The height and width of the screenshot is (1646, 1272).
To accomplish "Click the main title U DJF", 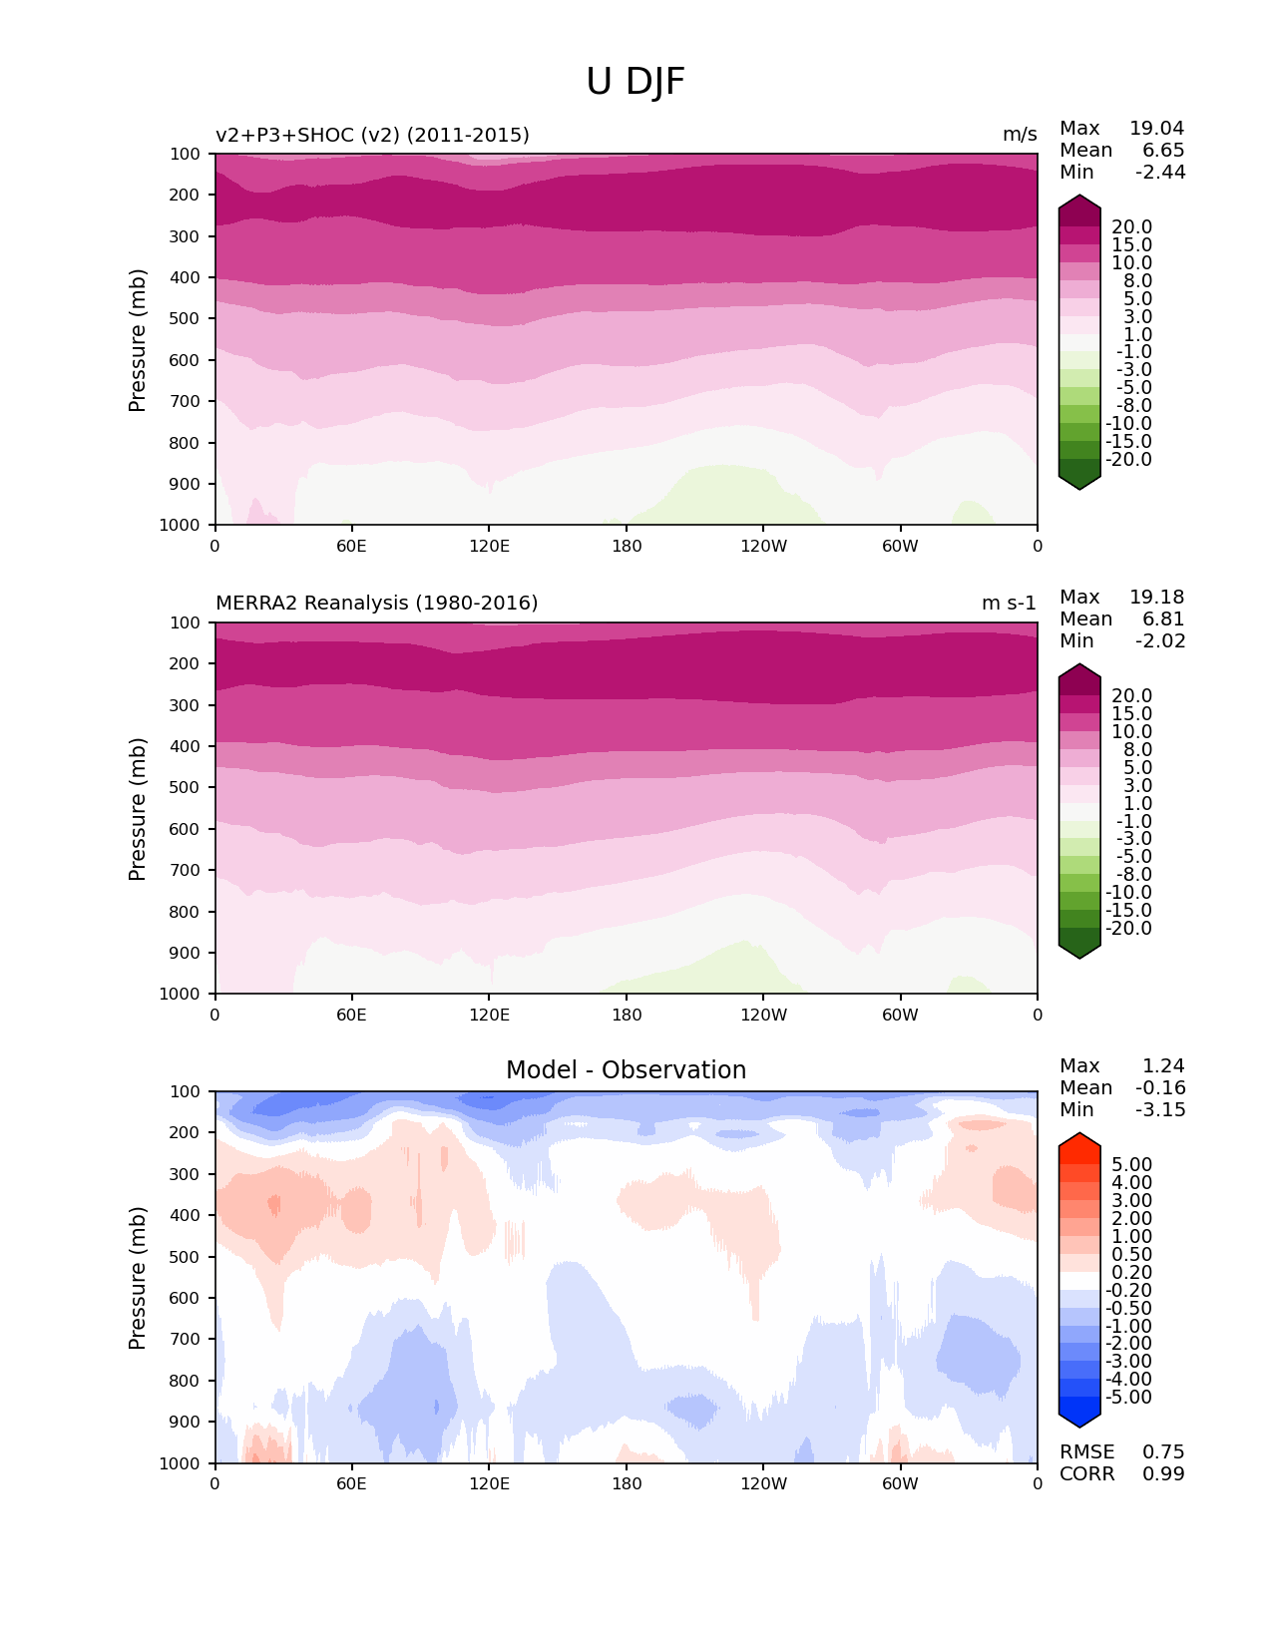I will pyautogui.click(x=636, y=82).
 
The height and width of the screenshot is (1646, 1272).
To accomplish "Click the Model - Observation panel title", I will pyautogui.click(x=626, y=1070).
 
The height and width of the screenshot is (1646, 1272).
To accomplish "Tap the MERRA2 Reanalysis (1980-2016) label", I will pyautogui.click(x=376, y=604).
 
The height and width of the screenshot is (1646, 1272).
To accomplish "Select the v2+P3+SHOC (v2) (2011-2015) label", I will pyautogui.click(x=372, y=136).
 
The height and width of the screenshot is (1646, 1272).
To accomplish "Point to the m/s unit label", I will pyautogui.click(x=1020, y=136).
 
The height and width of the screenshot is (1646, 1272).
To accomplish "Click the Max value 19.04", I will pyautogui.click(x=1156, y=129).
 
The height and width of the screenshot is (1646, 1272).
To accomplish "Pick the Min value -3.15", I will pyautogui.click(x=1160, y=1110).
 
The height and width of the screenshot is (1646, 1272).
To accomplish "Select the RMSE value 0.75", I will pyautogui.click(x=1163, y=1452).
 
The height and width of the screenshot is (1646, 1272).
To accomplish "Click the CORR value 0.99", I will pyautogui.click(x=1163, y=1474).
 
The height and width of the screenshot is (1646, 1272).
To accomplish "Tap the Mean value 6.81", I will pyautogui.click(x=1163, y=619).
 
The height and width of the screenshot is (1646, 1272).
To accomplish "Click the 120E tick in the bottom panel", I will pyautogui.click(x=489, y=1484).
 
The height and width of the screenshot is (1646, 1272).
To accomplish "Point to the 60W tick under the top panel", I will pyautogui.click(x=900, y=547).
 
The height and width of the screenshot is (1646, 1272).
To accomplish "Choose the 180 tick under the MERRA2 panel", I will pyautogui.click(x=627, y=1016).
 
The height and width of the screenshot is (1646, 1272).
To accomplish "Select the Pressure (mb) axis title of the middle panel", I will pyautogui.click(x=138, y=809).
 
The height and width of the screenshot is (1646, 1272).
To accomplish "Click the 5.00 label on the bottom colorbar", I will pyautogui.click(x=1131, y=1165).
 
